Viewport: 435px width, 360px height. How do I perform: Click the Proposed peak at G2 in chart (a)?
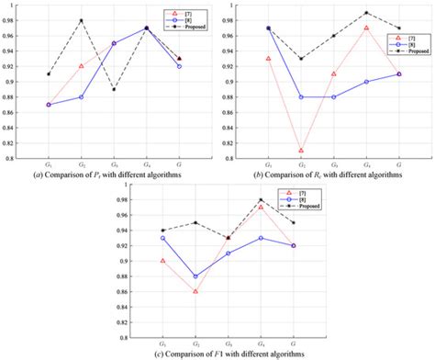(x=81, y=20)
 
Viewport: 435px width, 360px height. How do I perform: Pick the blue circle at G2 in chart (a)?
(x=81, y=96)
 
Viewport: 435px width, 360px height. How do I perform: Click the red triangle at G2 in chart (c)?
(x=195, y=291)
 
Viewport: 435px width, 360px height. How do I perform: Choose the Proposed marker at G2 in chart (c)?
(x=195, y=222)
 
